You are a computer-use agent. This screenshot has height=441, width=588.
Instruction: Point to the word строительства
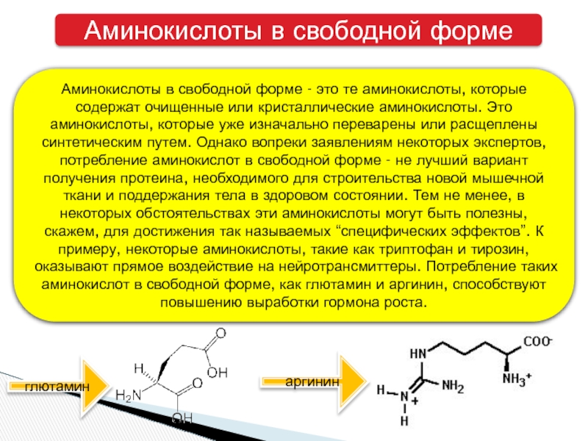coord(364,178)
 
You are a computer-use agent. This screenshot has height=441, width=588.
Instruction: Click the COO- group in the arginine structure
coord(539,343)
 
